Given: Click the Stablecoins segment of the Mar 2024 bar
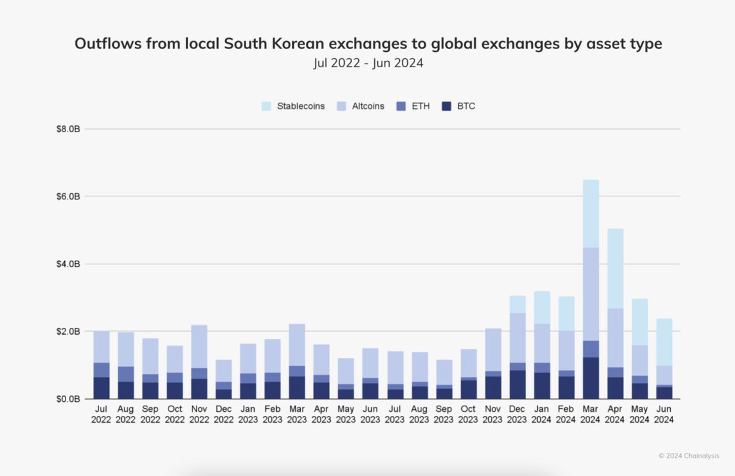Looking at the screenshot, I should pos(591,214).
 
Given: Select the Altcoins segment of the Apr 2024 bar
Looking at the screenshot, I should pos(616,338).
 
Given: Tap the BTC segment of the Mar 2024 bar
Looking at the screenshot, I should pos(591,378).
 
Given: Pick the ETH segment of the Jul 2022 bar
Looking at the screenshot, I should pos(101,370).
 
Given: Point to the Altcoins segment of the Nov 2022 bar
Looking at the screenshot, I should pos(199,346).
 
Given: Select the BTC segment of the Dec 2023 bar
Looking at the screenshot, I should pos(518,384).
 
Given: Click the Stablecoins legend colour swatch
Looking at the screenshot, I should pos(266,106).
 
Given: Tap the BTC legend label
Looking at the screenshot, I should pos(466,106).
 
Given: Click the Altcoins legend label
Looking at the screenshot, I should pos(368,106).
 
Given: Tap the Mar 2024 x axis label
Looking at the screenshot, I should pos(591,414).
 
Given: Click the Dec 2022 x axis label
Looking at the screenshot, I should pos(224,414).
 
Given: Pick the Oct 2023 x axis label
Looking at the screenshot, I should pos(469,414).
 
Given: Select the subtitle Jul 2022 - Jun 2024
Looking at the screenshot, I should pos(368,63).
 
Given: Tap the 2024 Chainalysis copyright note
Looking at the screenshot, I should pos(688,456).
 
